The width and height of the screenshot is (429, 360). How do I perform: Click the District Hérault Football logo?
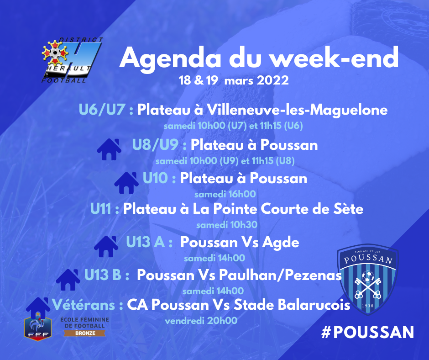[x=72, y=60]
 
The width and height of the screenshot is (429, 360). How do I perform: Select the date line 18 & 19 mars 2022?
[x=234, y=80]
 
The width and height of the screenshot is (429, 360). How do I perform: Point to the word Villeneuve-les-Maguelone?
[x=297, y=110]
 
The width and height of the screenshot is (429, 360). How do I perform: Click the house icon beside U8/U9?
[x=109, y=149]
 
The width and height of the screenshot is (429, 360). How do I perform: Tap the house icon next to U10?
[x=126, y=183]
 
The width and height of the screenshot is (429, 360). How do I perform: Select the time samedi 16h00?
[x=225, y=194]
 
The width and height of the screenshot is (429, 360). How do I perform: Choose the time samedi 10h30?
[x=227, y=225]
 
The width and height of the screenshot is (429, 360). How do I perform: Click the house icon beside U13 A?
[x=106, y=246]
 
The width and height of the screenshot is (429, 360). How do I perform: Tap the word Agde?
[x=280, y=243]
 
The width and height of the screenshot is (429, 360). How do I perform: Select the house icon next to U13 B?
[x=68, y=280]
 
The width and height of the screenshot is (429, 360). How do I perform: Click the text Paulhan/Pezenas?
[x=280, y=275]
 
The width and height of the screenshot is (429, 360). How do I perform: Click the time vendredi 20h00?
[x=201, y=321]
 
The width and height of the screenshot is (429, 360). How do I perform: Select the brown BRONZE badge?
[x=85, y=333]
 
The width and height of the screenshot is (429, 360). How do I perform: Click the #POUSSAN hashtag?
[x=368, y=332]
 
